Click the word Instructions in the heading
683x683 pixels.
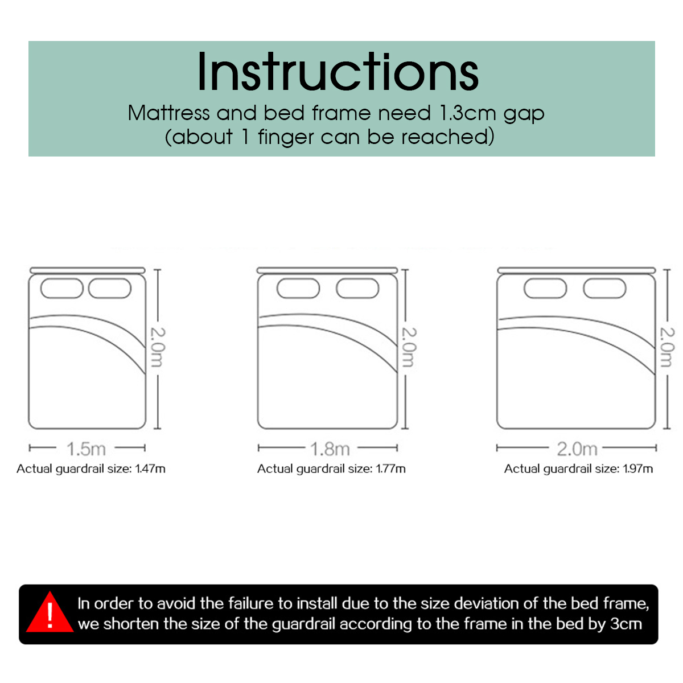(338, 72)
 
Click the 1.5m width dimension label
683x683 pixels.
(87, 449)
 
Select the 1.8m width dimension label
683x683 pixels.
(330, 449)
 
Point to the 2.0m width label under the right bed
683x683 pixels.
(577, 449)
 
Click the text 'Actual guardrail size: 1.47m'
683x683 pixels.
(91, 469)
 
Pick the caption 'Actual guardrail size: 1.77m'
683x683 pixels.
(331, 469)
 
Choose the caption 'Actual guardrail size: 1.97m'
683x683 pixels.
(578, 469)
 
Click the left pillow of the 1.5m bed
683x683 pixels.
(62, 288)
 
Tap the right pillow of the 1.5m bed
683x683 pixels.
(110, 288)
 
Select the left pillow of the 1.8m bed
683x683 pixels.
(298, 288)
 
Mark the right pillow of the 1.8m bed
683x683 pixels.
(357, 288)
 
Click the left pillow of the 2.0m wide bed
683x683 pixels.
(545, 288)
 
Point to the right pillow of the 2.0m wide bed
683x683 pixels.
(604, 288)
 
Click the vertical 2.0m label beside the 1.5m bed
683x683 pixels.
(158, 347)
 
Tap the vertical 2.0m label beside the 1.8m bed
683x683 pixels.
(409, 347)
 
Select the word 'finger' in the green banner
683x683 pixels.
(286, 138)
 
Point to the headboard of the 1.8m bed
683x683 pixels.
(327, 270)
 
